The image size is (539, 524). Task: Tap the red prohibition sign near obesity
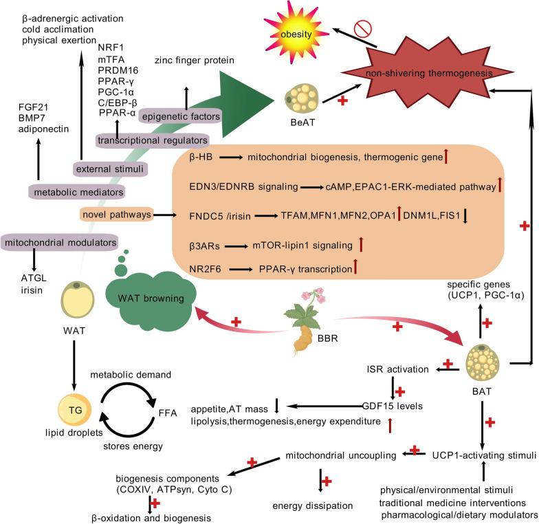pyautogui.click(x=364, y=29)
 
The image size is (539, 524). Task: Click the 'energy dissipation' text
pyautogui.click(x=313, y=505)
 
